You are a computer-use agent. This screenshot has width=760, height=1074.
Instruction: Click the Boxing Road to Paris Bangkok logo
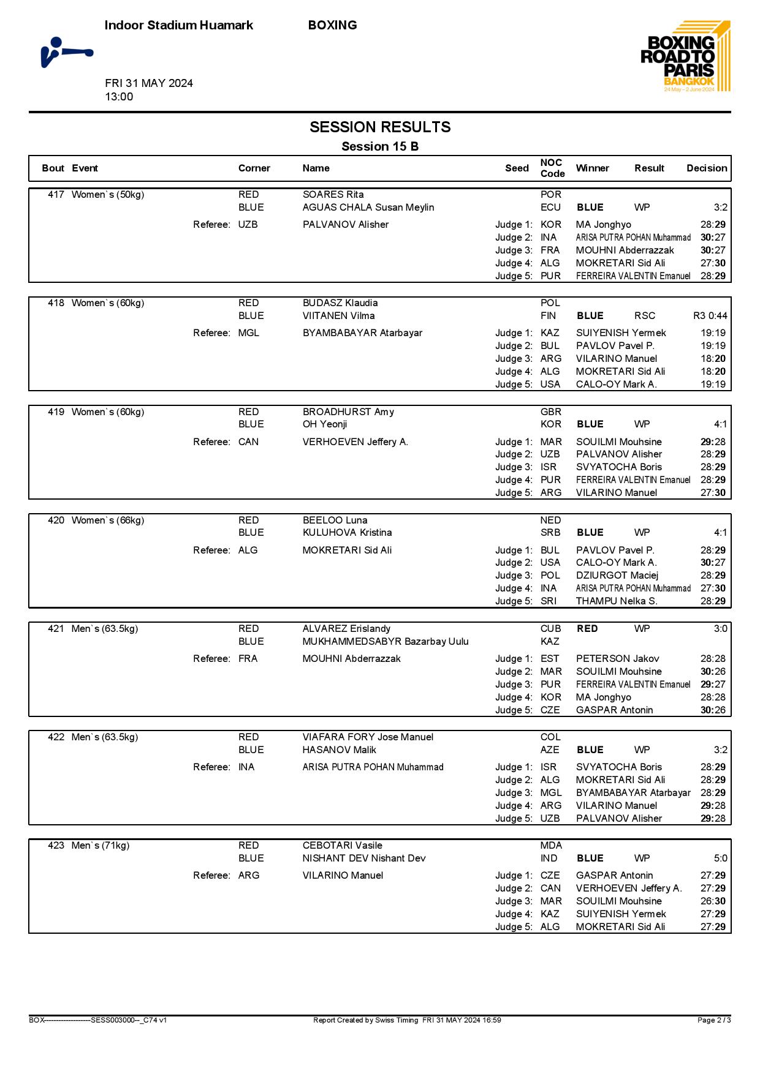685,56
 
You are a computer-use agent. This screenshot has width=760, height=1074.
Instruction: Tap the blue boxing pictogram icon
66,52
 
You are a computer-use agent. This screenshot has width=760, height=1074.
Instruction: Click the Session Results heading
380,127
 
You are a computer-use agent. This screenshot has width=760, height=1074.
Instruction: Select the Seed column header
517,168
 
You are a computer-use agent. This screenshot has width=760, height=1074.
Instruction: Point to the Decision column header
707,168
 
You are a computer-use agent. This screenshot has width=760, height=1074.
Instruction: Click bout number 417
56,195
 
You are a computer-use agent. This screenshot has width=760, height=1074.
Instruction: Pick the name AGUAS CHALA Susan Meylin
368,208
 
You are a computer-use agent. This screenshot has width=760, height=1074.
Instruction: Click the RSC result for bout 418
645,316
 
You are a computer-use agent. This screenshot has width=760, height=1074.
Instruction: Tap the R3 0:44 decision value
710,316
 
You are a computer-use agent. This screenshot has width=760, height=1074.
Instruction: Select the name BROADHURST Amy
348,412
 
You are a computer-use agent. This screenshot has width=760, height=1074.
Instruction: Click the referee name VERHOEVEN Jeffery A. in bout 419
355,442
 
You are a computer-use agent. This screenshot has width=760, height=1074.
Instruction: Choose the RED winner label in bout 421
587,629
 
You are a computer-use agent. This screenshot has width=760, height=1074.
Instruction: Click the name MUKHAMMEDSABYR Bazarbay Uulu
386,642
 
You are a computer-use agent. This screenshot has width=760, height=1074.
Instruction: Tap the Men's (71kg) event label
101,846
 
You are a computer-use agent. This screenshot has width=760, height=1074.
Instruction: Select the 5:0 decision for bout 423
720,858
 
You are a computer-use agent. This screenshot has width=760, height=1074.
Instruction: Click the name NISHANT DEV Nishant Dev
364,858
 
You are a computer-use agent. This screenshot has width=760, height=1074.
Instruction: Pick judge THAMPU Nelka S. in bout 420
617,601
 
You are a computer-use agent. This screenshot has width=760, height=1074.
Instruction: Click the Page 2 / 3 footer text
714,1020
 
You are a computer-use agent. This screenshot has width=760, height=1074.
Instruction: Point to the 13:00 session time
119,97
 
